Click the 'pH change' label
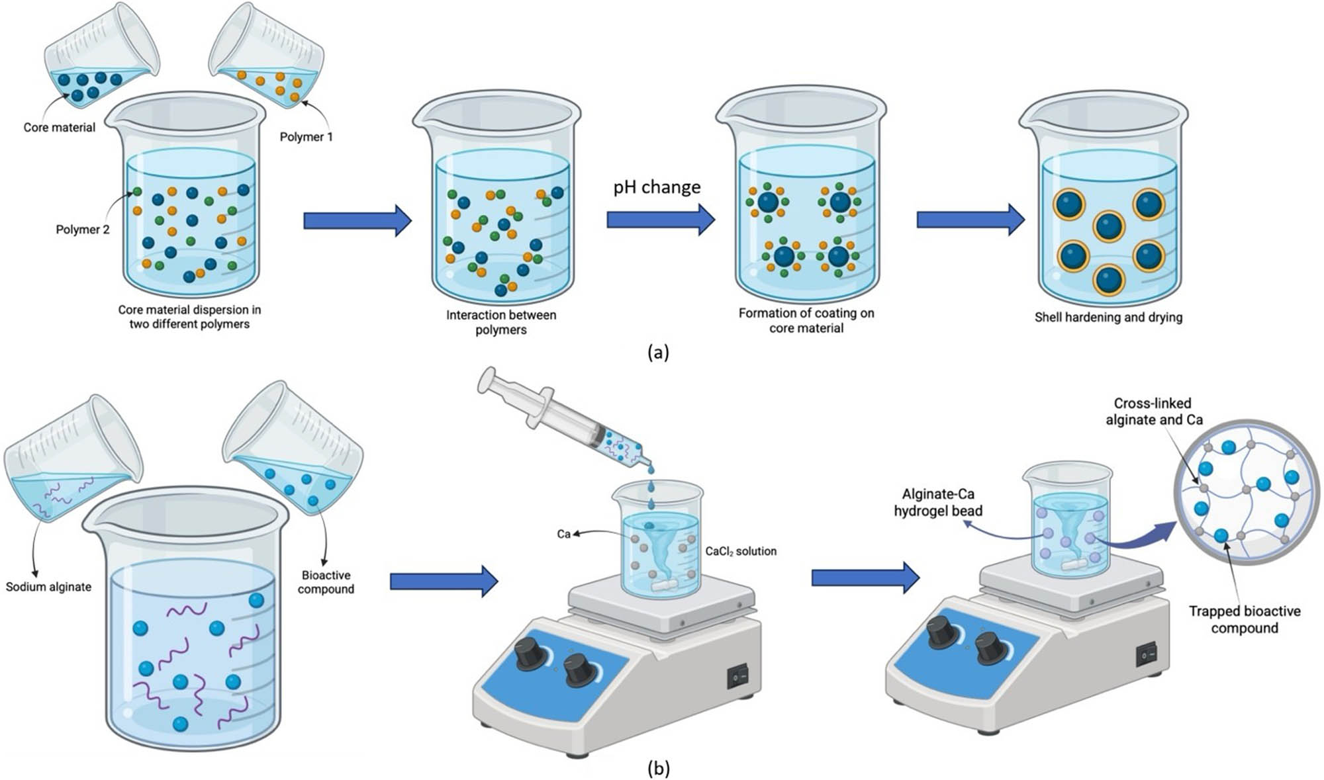(x=657, y=187)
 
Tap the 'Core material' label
(x=60, y=127)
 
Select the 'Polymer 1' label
(x=306, y=137)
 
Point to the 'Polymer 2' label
(x=83, y=230)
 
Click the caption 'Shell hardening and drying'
(x=1108, y=317)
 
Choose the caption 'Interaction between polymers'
(x=501, y=322)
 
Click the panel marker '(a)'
(x=658, y=352)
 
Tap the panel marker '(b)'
(x=658, y=768)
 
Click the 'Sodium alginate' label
(x=49, y=587)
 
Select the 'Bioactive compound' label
(x=326, y=582)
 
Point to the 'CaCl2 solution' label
(x=741, y=551)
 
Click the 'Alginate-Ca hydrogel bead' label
(x=938, y=502)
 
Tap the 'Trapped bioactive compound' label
(x=1245, y=619)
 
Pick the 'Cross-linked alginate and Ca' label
(x=1154, y=412)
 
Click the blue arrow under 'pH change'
(x=661, y=219)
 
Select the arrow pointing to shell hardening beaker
(x=970, y=219)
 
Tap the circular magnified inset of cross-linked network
(x=1247, y=492)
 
